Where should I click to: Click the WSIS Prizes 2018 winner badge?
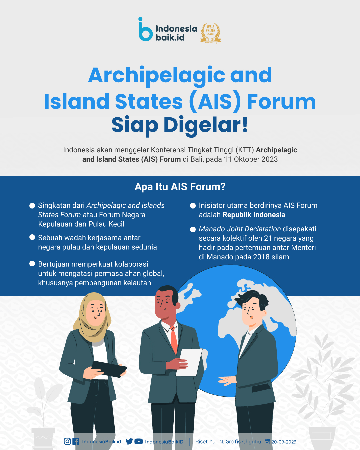(x=211, y=33)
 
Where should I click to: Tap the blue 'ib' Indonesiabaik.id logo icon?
(x=145, y=29)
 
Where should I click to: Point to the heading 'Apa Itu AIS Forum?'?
(x=180, y=187)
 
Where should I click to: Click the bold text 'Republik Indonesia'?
(x=254, y=215)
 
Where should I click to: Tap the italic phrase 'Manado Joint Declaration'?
(x=240, y=229)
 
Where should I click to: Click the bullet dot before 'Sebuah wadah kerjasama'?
(x=32, y=237)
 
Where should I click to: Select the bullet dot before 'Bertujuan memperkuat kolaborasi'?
(x=32, y=264)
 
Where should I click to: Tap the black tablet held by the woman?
(x=109, y=369)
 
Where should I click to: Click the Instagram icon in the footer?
(x=67, y=441)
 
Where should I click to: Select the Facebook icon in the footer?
(x=76, y=441)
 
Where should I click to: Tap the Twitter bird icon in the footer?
(x=129, y=441)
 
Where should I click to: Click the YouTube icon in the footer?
(x=138, y=441)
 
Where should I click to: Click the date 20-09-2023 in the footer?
(x=284, y=442)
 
